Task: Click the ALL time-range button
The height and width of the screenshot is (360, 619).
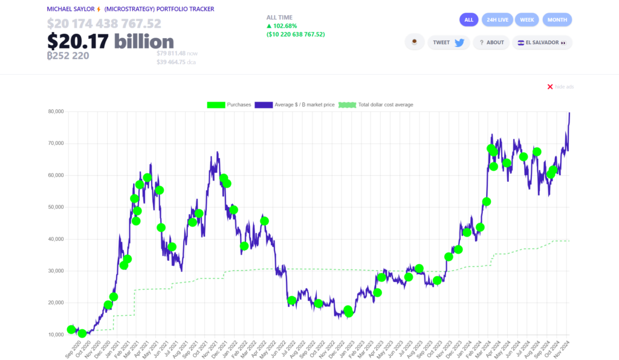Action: tap(469, 20)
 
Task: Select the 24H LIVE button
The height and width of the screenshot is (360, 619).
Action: tap(498, 20)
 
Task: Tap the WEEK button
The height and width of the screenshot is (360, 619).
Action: tap(527, 20)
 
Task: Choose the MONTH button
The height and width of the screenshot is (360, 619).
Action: tap(557, 20)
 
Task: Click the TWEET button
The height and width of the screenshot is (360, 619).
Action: tap(448, 42)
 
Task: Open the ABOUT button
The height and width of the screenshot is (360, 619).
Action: tap(491, 42)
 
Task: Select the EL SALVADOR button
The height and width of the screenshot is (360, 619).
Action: tap(542, 42)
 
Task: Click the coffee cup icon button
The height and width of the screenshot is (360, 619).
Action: tap(414, 42)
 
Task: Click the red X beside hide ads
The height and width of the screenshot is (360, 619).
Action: tap(550, 87)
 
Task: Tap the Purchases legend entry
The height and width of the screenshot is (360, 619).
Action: tap(228, 105)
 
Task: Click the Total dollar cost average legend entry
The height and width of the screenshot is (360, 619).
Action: tap(376, 105)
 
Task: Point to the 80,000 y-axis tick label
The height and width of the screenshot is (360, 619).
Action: tap(56, 112)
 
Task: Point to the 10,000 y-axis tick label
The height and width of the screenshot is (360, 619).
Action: tap(56, 335)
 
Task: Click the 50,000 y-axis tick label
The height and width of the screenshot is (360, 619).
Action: tap(56, 207)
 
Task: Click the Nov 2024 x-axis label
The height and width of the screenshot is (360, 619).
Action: tap(564, 349)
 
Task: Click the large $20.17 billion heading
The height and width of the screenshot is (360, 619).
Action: tap(110, 41)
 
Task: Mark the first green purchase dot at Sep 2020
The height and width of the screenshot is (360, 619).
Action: tap(71, 329)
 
